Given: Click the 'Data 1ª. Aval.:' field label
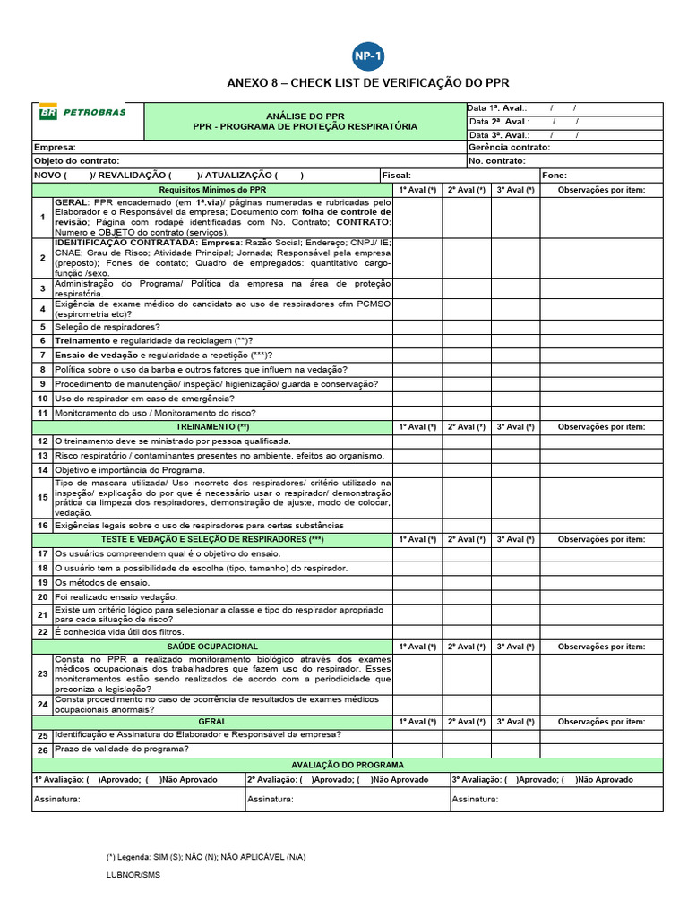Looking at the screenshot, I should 497,108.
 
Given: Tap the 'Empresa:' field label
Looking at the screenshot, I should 55,147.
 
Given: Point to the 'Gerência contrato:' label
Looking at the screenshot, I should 509,147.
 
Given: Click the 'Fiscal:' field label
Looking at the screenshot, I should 396,176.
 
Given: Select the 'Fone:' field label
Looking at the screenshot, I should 555,176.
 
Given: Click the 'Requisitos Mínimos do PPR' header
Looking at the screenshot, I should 212,190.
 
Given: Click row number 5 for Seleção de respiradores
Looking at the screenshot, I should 42,327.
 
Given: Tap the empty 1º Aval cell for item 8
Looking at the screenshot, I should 417,370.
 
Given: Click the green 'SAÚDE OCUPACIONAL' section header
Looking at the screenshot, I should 212,647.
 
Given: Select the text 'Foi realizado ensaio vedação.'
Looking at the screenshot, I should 116,596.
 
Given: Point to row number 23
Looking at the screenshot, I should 42,673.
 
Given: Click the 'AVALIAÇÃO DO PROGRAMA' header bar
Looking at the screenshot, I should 348,766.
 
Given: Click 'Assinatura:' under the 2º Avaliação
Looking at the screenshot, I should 271,799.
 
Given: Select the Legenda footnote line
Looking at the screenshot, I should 205,857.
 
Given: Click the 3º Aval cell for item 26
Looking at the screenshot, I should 516,750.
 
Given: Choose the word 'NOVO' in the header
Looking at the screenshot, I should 47,176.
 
